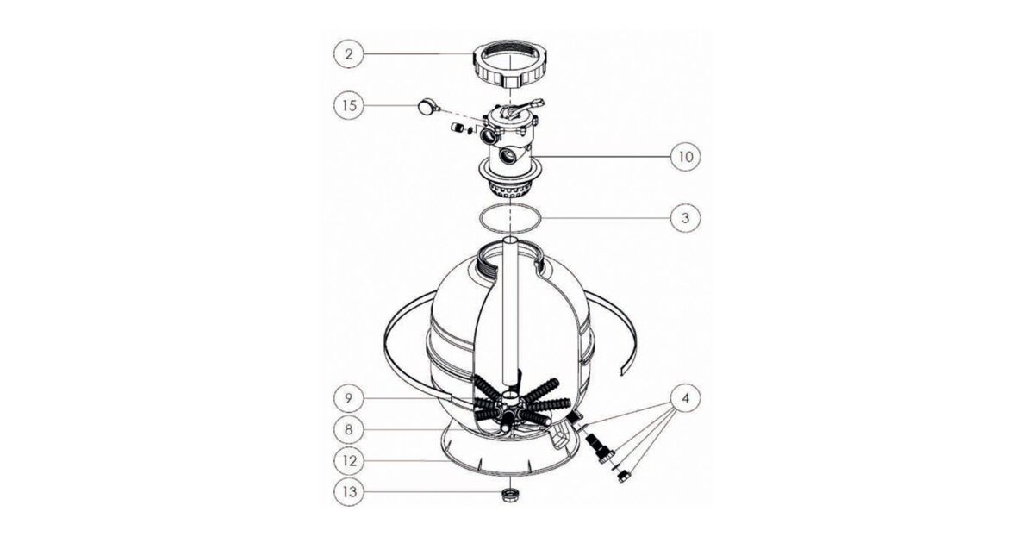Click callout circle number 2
point(349,54)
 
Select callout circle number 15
point(349,106)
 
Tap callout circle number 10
point(686,157)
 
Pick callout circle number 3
point(686,217)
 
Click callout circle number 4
point(686,398)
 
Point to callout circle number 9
point(349,398)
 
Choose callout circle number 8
point(349,429)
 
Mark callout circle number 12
point(349,461)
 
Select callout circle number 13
point(349,492)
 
